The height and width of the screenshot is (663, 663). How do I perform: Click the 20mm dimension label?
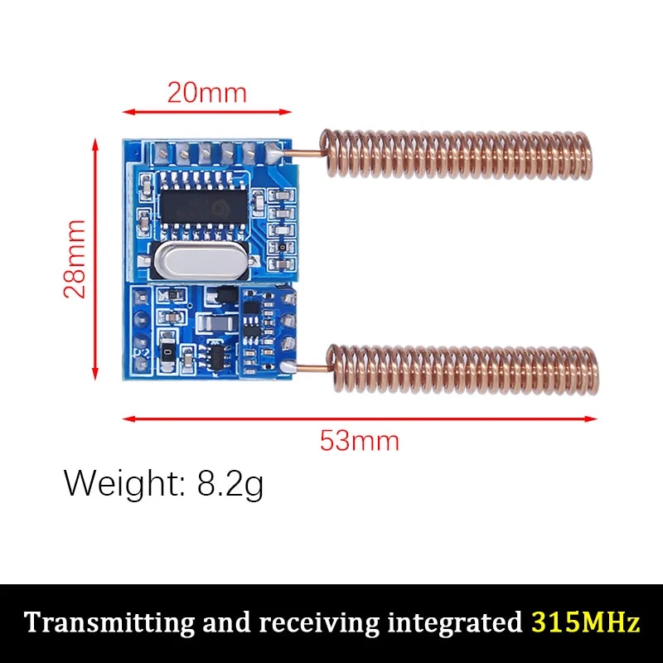pos(206,92)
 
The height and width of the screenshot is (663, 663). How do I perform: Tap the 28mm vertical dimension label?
pos(75,259)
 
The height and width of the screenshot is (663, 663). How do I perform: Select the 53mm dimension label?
pos(359,440)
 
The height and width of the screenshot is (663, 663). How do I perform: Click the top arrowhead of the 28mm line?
pos(95,144)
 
